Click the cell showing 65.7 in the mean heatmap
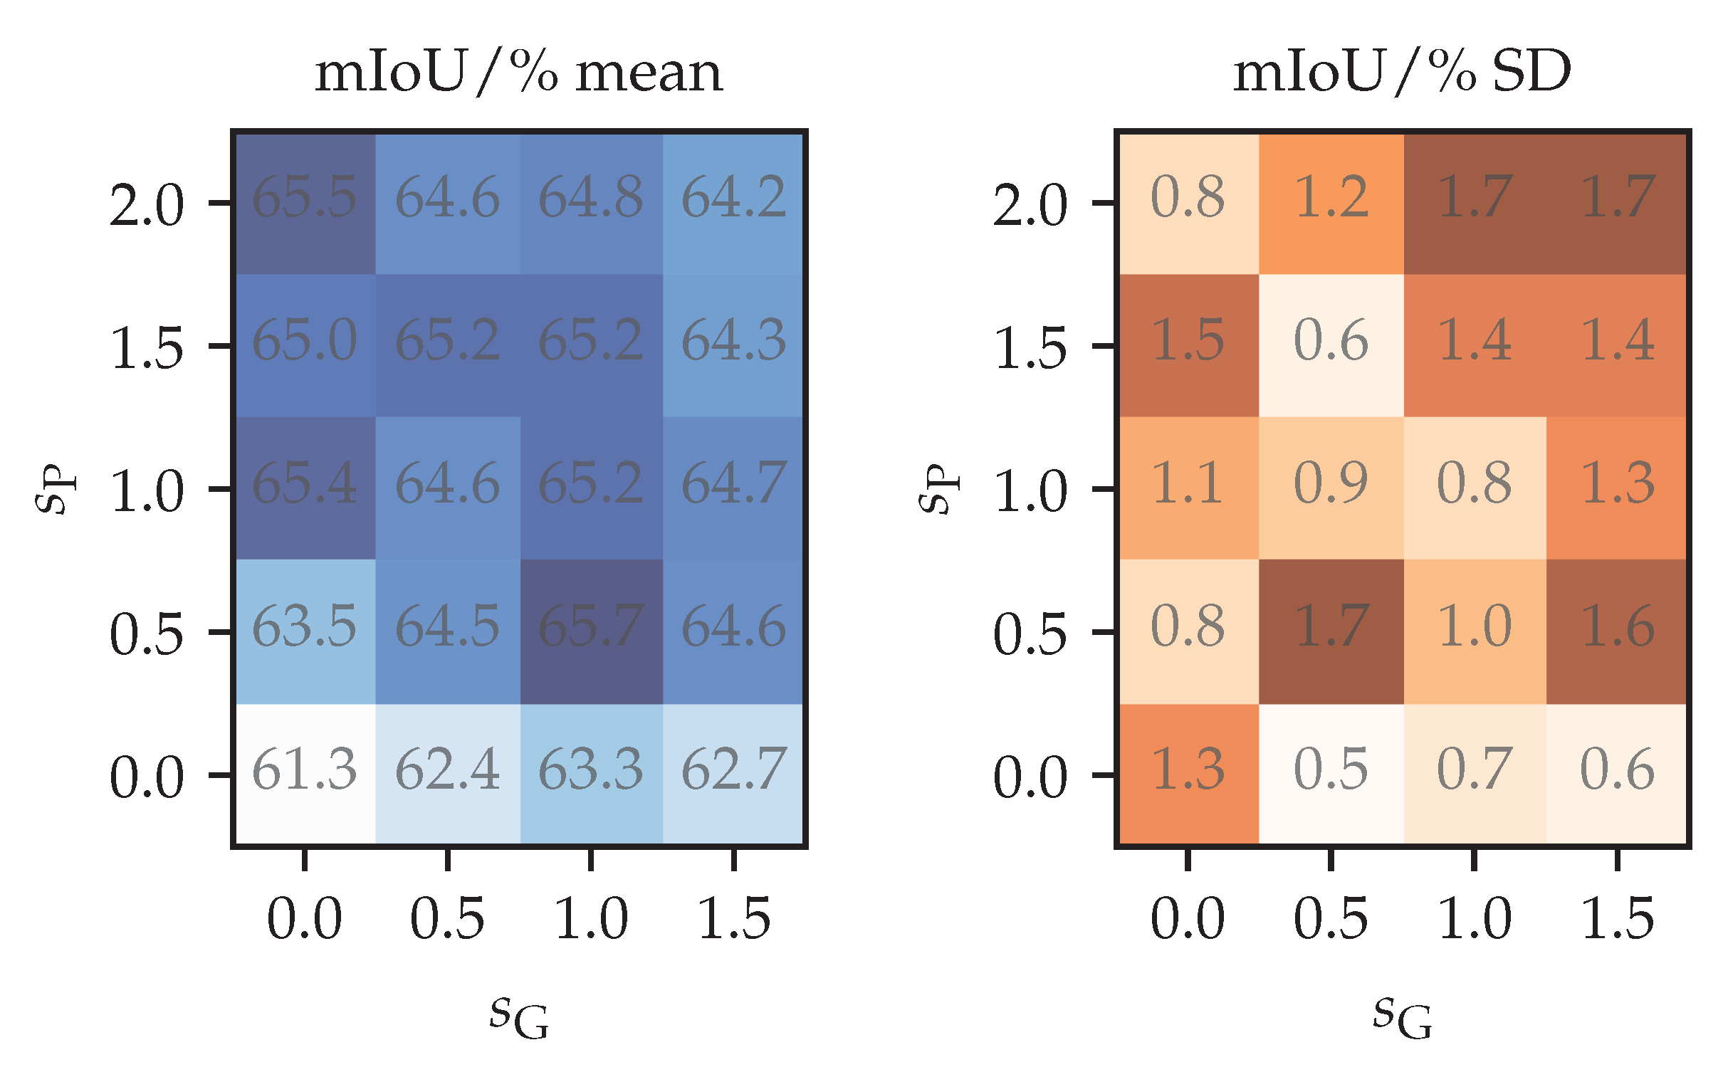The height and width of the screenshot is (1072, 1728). coord(591,631)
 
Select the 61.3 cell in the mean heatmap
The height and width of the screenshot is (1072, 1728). coord(305,774)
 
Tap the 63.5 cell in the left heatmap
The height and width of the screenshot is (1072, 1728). coord(305,631)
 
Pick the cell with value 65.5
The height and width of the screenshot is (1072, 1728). coord(305,203)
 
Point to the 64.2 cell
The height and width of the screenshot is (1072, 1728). coord(734,203)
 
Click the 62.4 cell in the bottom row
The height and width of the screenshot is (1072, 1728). coord(448,774)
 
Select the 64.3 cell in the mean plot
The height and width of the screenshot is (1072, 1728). coord(734,346)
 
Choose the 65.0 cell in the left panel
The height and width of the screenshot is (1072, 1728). coord(305,346)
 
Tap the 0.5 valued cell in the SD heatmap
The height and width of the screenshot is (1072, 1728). coord(1331,774)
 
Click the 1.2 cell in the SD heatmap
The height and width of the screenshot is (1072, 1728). coord(1331,203)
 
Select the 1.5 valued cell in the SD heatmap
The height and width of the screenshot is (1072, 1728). coord(1188,346)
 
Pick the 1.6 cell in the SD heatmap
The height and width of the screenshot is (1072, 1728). coord(1617,631)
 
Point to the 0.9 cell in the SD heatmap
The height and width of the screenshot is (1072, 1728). coord(1331,488)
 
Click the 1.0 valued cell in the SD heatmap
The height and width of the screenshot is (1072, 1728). coord(1475,631)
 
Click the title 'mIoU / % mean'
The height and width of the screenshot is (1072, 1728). coord(519,73)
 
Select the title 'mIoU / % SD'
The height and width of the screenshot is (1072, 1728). coord(1402,73)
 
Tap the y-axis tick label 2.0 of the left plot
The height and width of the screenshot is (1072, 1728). coord(147,206)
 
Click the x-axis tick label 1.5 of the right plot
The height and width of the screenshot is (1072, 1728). coord(1617,920)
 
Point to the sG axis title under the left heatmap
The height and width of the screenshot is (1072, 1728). coord(519,1016)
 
